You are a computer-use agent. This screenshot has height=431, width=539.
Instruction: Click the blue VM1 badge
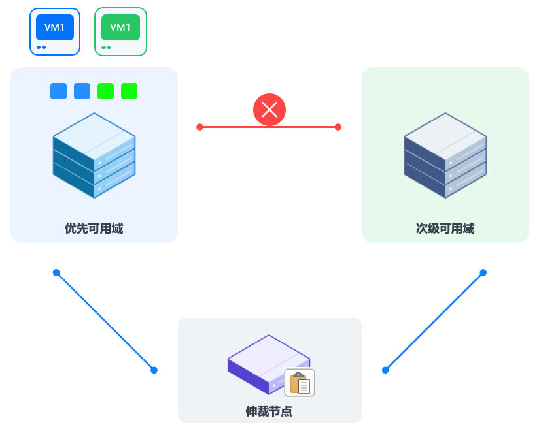click(55, 27)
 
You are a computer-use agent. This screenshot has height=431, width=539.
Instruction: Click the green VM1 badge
click(120, 27)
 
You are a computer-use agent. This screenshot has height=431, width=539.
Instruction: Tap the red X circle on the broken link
click(269, 110)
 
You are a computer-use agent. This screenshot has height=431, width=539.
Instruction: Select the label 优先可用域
click(94, 229)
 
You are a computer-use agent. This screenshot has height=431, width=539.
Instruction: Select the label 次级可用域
click(445, 229)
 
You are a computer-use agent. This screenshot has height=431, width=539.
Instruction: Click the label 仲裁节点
click(269, 411)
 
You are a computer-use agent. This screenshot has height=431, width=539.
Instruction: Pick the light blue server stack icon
click(94, 155)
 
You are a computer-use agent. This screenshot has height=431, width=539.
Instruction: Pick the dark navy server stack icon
click(445, 155)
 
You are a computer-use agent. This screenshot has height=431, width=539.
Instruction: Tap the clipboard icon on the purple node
click(300, 383)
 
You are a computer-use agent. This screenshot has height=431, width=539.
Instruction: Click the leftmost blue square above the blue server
click(58, 91)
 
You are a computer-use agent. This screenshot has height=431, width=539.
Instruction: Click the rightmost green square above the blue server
click(129, 91)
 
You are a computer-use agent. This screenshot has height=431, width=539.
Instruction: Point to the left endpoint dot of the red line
click(200, 127)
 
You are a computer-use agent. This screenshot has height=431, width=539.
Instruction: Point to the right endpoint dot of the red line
click(338, 127)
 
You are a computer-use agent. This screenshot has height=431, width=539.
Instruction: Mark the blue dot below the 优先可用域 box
click(56, 272)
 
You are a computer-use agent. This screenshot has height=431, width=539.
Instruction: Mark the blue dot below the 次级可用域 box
click(483, 272)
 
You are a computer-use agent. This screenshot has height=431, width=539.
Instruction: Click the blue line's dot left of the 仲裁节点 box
click(154, 370)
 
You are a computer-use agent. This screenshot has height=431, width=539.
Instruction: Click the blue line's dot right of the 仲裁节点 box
click(385, 370)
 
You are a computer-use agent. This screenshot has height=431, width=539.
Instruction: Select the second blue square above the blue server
click(82, 91)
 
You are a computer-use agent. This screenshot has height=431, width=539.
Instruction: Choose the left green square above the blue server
click(105, 91)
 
